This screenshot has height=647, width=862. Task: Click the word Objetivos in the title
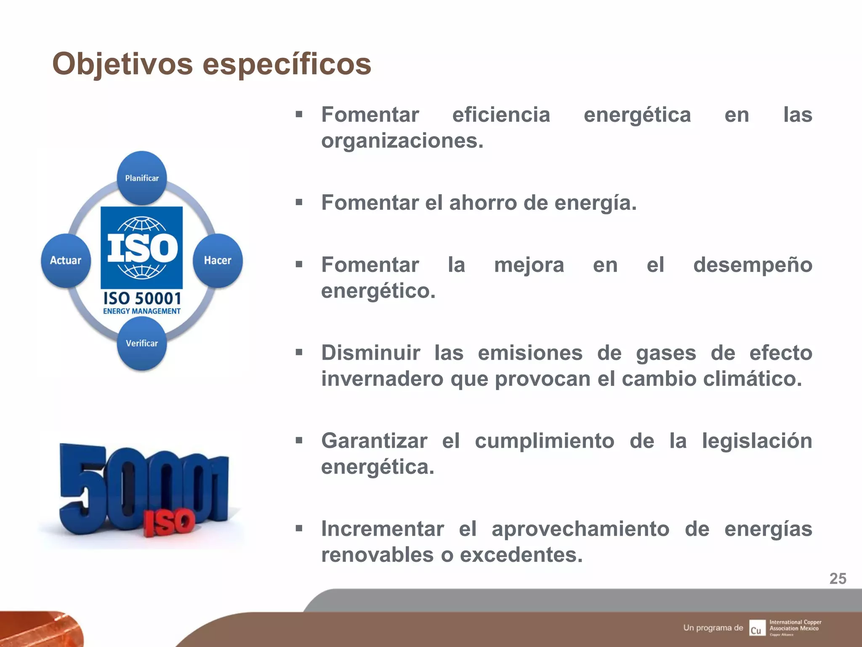coord(122,64)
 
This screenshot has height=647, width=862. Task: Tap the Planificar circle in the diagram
coord(142,178)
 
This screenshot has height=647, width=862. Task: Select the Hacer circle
coord(218,260)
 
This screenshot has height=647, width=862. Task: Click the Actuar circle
coord(66,260)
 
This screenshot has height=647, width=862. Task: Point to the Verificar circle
coord(142,343)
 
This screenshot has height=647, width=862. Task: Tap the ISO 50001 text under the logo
coord(142,299)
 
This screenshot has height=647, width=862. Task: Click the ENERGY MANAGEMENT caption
coord(142,311)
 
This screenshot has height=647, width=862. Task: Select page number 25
coord(838,579)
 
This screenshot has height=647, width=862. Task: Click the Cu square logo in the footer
coord(756,628)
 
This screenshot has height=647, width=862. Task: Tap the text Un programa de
coord(713,628)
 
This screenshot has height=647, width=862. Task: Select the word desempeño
coord(753,265)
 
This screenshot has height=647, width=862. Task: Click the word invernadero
coord(383,379)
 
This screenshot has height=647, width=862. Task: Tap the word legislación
coord(757,441)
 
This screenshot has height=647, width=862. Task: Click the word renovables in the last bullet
coord(377,555)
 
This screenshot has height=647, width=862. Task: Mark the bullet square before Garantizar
coord(299,441)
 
